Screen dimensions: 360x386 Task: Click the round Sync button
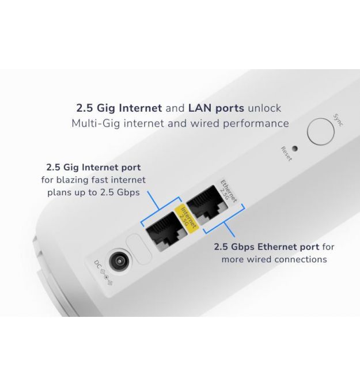[321, 132]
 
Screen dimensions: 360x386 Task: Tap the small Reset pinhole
[294, 149]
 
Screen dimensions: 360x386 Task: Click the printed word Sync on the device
[338, 120]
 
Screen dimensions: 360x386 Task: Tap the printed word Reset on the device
[286, 154]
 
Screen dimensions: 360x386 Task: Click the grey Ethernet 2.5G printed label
[228, 191]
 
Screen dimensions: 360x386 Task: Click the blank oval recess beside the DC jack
[138, 249]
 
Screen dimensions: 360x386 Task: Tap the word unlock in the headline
[264, 108]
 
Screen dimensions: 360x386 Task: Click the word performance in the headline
[256, 124]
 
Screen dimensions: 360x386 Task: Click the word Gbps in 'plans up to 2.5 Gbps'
[128, 192]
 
